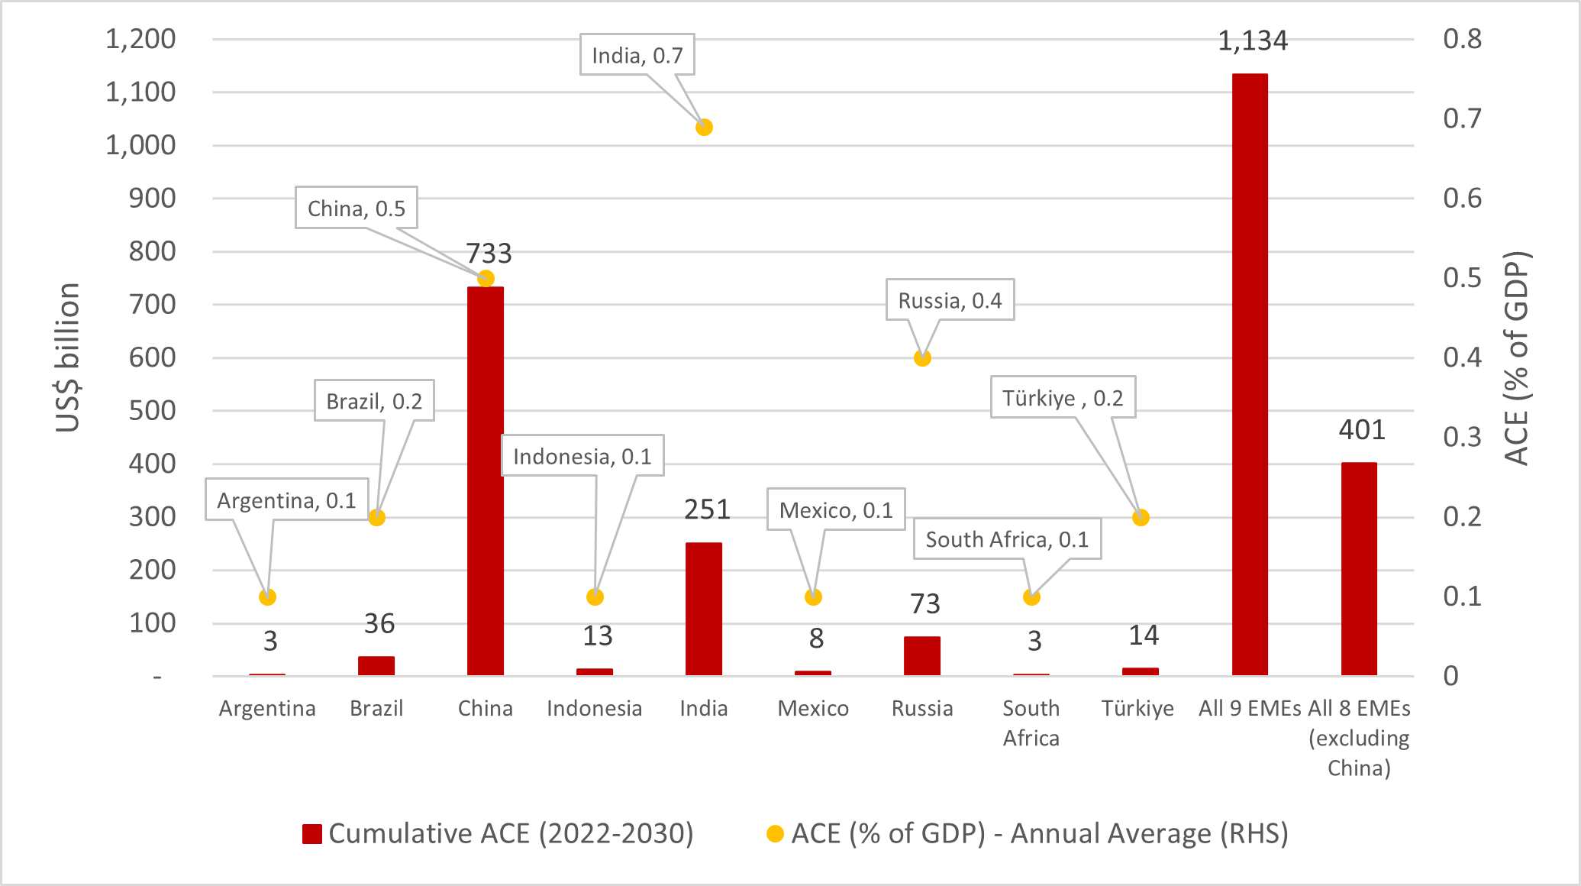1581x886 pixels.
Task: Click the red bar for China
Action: point(486,481)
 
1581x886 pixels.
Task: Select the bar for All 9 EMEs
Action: point(1250,374)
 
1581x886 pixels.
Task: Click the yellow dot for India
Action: point(704,128)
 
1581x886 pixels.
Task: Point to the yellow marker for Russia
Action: point(922,358)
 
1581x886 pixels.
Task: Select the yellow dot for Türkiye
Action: point(1141,518)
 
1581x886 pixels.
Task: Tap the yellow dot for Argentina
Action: point(267,597)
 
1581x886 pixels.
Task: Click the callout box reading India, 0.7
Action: point(637,55)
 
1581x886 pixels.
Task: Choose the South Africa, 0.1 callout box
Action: point(1007,539)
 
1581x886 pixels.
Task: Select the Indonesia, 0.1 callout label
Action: point(582,456)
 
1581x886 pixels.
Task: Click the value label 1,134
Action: point(1252,40)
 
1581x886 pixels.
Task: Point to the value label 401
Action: point(1362,430)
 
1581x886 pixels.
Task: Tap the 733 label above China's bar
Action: point(489,253)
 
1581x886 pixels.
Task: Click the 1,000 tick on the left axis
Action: point(140,145)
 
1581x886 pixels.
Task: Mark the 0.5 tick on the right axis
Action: point(1462,278)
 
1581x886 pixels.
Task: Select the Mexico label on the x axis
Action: point(813,709)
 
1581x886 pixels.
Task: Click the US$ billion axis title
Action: point(68,357)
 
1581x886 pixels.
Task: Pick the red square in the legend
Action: point(311,834)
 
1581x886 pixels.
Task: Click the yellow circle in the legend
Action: point(775,834)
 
